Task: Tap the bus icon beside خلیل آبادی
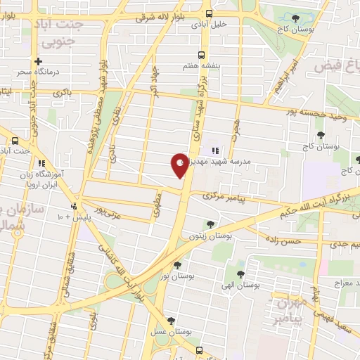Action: [208, 13]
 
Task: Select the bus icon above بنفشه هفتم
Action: [202, 54]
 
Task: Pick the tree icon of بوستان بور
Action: [177, 265]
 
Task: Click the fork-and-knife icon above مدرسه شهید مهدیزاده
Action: [214, 149]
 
